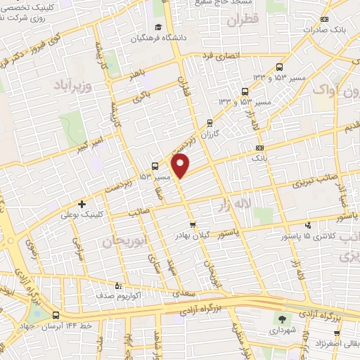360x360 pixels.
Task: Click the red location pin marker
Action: coord(181,165)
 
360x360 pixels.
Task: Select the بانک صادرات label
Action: coord(321,30)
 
